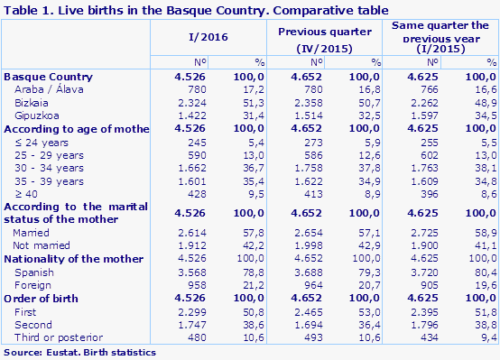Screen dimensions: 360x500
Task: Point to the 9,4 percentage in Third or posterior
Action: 488,337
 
